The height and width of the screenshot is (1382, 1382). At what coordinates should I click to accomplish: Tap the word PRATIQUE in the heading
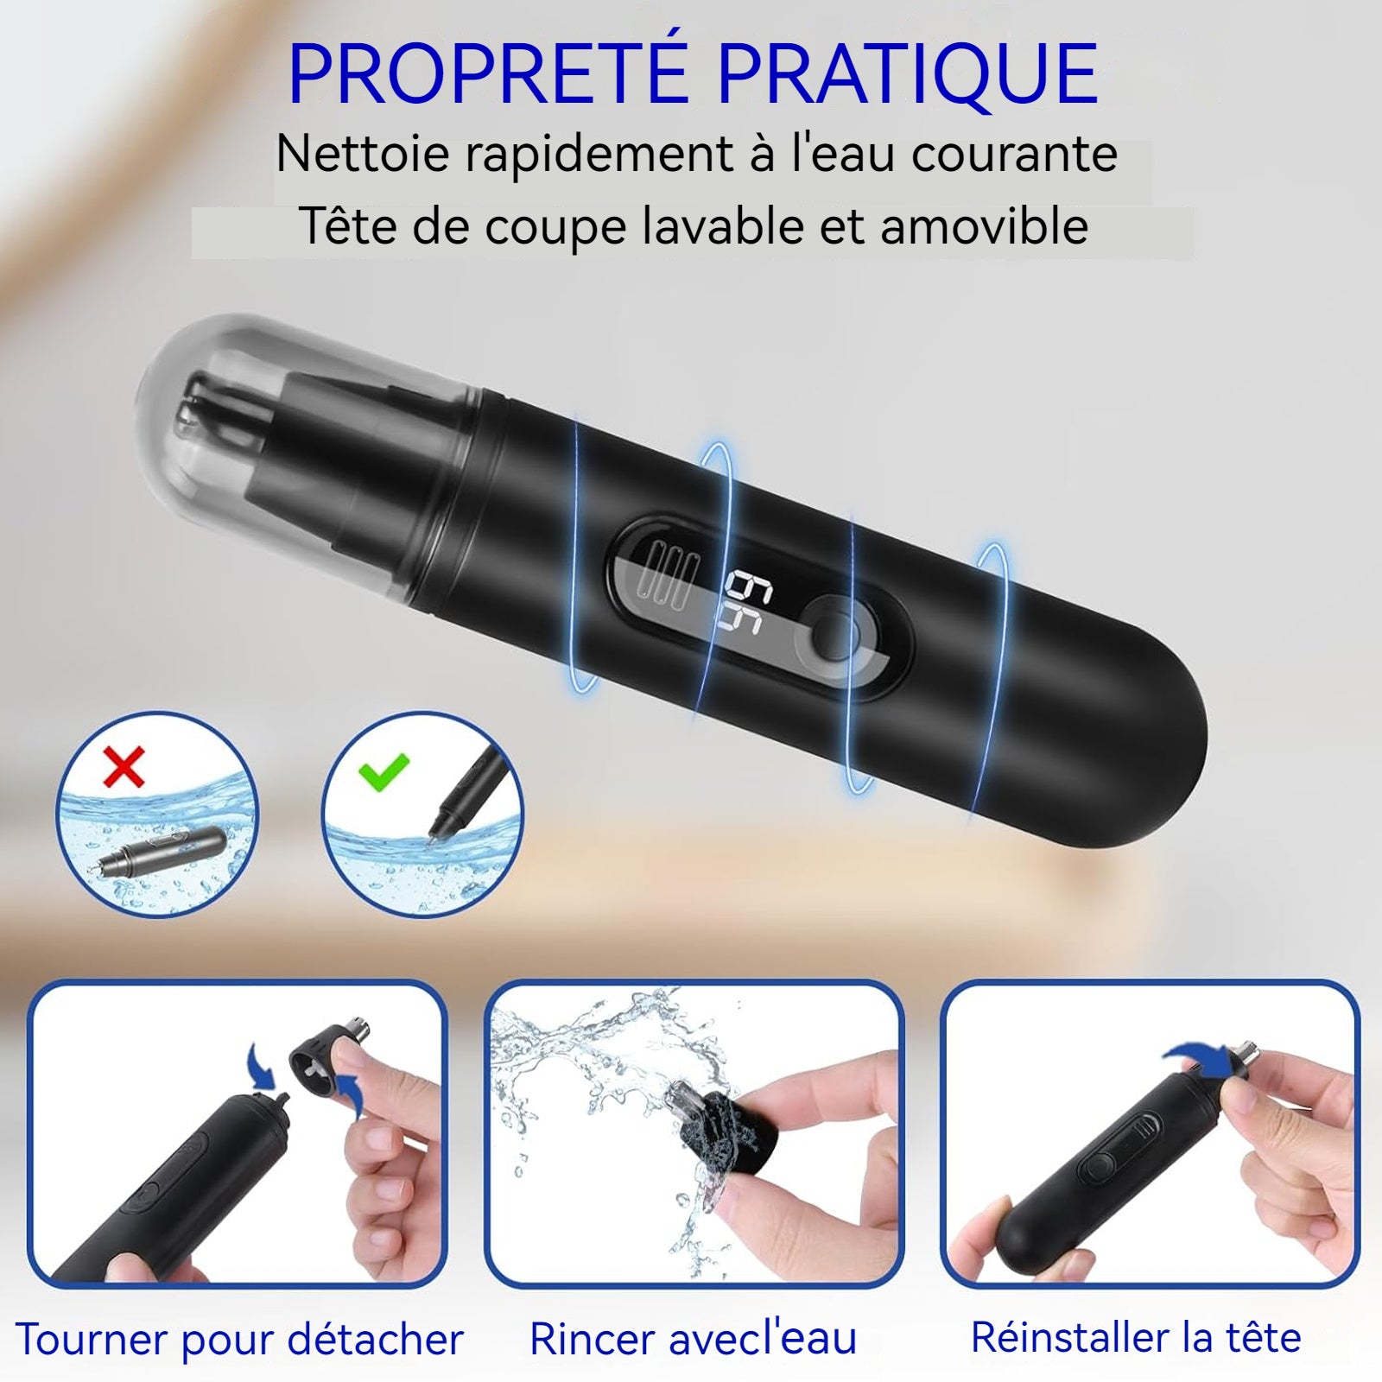(x=907, y=76)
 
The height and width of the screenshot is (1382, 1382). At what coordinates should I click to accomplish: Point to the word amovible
(x=985, y=227)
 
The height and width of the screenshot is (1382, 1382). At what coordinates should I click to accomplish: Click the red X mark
(x=124, y=767)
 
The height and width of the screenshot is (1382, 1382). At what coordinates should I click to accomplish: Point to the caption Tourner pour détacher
(x=239, y=1340)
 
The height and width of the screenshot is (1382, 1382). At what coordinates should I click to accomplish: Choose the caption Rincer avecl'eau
(x=693, y=1339)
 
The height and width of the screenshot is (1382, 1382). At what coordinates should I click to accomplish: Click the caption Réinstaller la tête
(x=1136, y=1337)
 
